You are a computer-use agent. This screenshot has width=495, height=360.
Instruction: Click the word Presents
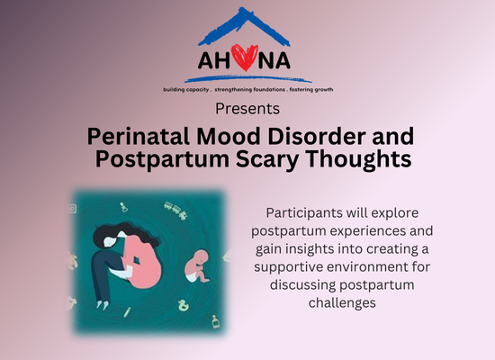[x=247, y=109]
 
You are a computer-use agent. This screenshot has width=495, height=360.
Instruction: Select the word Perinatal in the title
[x=138, y=137]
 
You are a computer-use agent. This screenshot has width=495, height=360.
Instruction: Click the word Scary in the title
[x=267, y=159]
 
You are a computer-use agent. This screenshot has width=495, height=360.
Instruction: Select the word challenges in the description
[x=342, y=303]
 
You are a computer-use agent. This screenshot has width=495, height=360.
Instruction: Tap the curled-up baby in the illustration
[x=197, y=265]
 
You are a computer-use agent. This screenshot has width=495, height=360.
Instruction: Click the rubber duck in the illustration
[x=183, y=305]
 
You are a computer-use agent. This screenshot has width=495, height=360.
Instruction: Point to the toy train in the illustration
[x=175, y=211]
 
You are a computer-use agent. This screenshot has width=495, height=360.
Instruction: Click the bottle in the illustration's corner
[x=216, y=321]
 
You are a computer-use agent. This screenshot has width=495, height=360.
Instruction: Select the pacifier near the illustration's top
[x=124, y=207]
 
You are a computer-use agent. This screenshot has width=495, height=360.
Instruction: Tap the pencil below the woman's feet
[x=127, y=312]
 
